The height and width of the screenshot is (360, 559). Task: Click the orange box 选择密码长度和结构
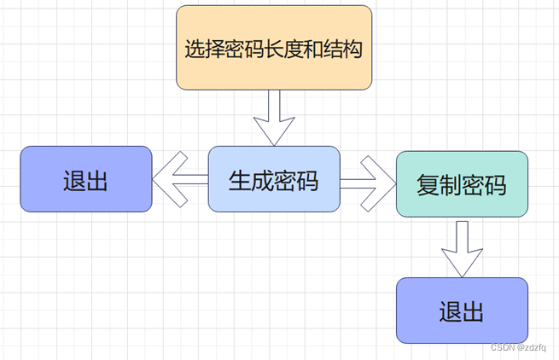click(274, 48)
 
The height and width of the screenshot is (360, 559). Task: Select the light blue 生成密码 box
click(274, 179)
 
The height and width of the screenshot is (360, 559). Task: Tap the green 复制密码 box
click(462, 184)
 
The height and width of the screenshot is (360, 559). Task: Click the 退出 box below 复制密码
click(462, 311)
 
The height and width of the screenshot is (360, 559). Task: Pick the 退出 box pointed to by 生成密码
click(86, 179)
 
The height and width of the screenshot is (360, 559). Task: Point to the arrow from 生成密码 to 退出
click(180, 179)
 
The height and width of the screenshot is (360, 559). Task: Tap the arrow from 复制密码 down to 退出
click(462, 248)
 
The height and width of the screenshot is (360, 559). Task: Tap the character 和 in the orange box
click(313, 49)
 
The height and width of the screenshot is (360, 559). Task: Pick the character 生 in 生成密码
click(240, 180)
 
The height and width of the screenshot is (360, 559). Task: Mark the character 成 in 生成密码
click(262, 180)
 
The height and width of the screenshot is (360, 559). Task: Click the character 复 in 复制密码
click(428, 185)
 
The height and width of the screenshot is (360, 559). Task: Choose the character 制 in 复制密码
click(450, 185)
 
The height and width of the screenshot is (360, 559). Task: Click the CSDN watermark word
click(505, 347)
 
